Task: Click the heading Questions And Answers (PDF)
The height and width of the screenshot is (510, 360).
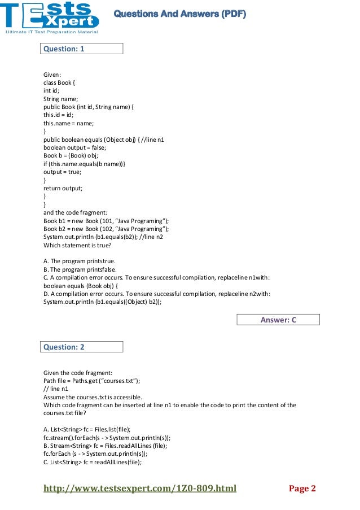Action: (x=179, y=14)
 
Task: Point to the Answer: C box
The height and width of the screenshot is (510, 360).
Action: (x=278, y=320)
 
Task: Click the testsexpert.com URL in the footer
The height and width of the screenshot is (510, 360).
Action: (x=140, y=489)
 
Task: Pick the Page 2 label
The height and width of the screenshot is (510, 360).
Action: (x=302, y=489)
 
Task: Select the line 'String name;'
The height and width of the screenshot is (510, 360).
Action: (x=60, y=98)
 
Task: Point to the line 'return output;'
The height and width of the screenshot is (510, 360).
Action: (x=63, y=188)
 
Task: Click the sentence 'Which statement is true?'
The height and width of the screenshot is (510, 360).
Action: (x=78, y=246)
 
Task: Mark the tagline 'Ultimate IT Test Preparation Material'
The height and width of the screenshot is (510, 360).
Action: (x=51, y=32)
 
